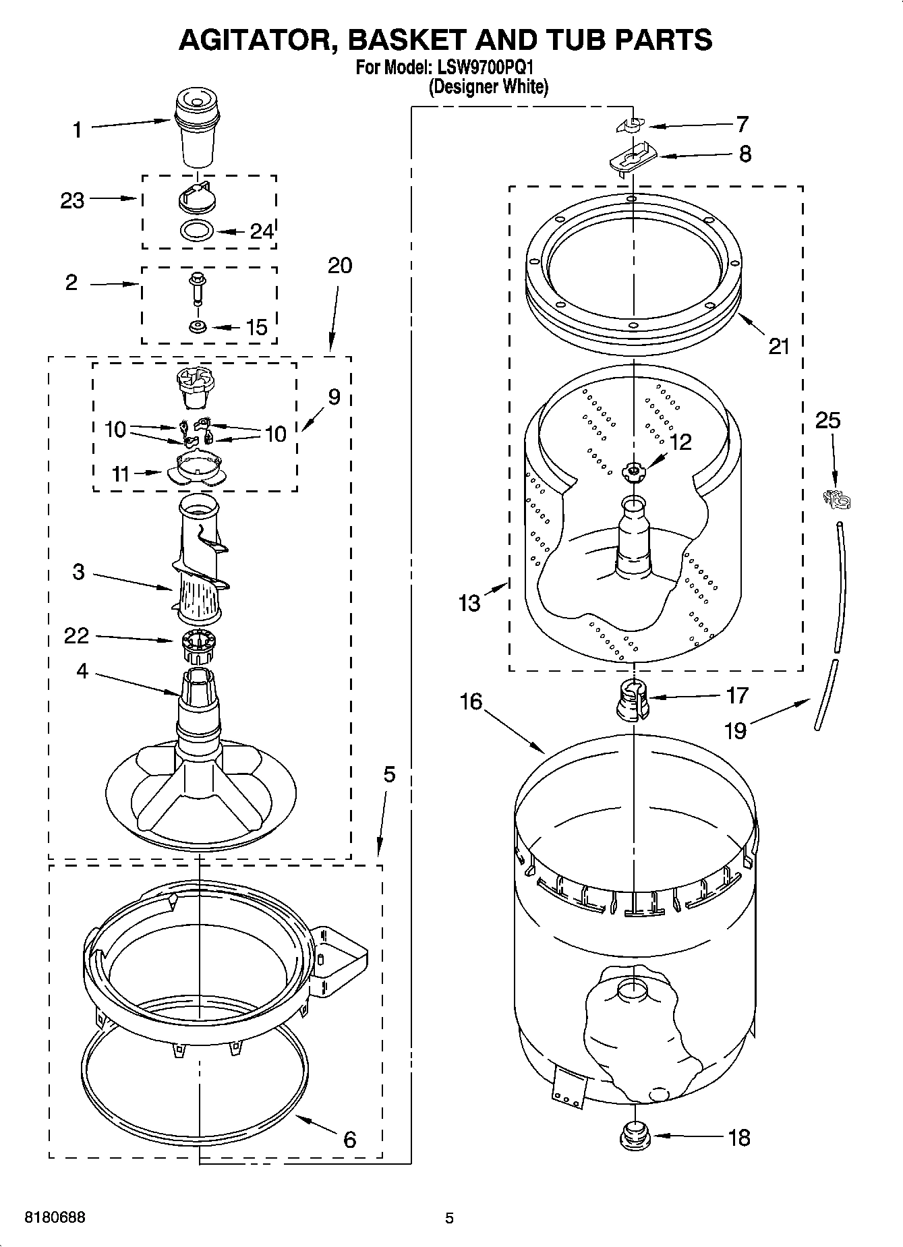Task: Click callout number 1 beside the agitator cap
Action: (x=78, y=129)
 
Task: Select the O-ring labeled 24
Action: (x=198, y=230)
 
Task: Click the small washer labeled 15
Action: (x=198, y=327)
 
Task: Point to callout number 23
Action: (x=72, y=200)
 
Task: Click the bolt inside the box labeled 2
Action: (x=198, y=287)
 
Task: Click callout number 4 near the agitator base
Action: (x=82, y=671)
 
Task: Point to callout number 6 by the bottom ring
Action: (x=349, y=1139)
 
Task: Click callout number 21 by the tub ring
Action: (x=779, y=346)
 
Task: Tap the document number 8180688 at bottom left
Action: (x=55, y=1217)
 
